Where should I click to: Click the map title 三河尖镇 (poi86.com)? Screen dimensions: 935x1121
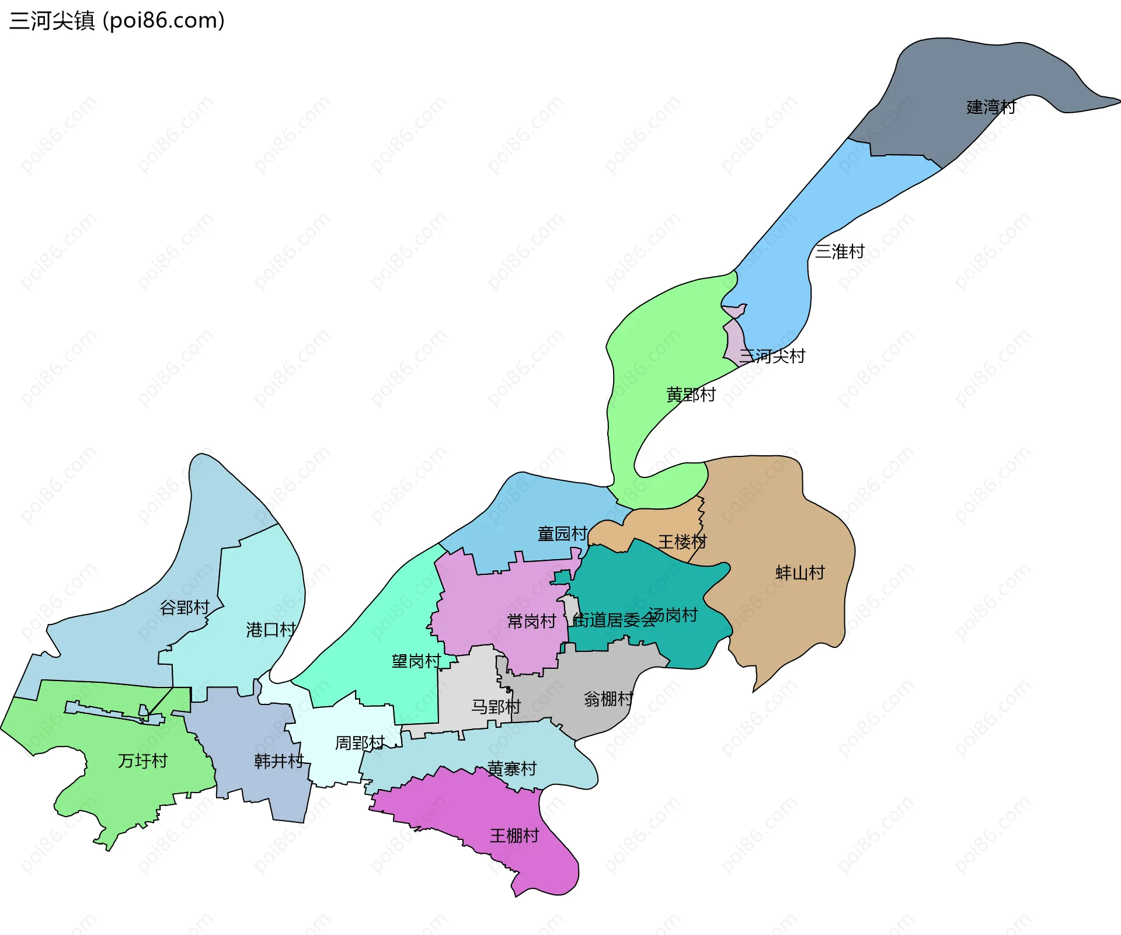click(117, 20)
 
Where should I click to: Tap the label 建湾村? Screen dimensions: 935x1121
click(991, 107)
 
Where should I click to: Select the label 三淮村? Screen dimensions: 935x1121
click(839, 252)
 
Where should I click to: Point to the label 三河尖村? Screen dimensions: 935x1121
click(772, 355)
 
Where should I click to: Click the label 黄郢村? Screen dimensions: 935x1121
click(691, 395)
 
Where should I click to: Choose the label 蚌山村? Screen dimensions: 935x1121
click(799, 573)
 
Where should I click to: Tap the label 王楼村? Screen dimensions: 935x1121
click(682, 542)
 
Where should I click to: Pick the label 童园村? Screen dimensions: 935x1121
click(562, 533)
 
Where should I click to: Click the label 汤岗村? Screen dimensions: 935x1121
click(673, 615)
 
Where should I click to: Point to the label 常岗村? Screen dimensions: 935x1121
click(531, 621)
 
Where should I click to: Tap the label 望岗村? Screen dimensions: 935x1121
click(416, 661)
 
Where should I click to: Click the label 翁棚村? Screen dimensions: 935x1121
click(608, 698)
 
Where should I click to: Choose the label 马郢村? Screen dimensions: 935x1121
click(496, 707)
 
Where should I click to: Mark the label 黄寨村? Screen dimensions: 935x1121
click(511, 769)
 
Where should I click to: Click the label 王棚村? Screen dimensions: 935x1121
click(514, 835)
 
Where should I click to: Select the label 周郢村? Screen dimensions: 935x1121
click(360, 742)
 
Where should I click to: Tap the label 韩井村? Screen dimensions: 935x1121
click(278, 760)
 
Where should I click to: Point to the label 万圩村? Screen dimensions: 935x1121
click(142, 760)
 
